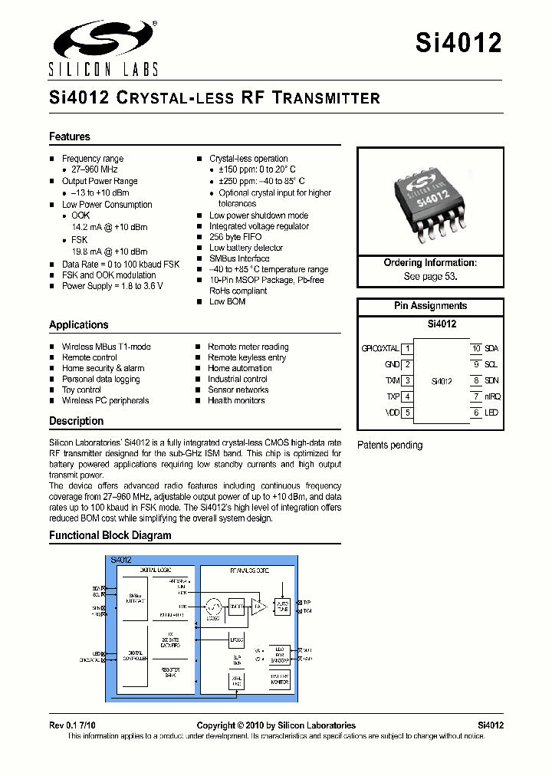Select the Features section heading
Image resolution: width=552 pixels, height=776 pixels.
coord(70,136)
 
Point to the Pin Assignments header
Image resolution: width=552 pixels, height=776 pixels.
coord(430,306)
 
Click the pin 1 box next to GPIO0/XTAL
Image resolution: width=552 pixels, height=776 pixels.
coord(408,349)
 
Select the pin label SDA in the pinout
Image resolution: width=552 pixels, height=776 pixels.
coord(491,349)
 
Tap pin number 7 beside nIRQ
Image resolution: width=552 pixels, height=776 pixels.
coord(476,396)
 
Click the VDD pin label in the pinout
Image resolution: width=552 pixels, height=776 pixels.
coord(392,413)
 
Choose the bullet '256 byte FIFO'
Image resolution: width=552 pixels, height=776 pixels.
coord(235,237)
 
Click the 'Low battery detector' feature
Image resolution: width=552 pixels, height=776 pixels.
coord(246,248)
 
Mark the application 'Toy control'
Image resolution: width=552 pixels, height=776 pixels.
coord(81,390)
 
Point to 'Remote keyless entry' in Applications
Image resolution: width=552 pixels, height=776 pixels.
coord(247,357)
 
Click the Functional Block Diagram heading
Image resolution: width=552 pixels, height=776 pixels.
coord(110,535)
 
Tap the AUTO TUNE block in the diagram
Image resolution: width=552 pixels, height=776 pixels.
coord(283,607)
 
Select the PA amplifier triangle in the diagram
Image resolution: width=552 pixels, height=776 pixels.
coord(259,607)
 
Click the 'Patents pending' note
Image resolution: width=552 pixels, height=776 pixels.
coord(390,445)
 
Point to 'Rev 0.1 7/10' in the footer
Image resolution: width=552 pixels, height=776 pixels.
coord(74,725)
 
